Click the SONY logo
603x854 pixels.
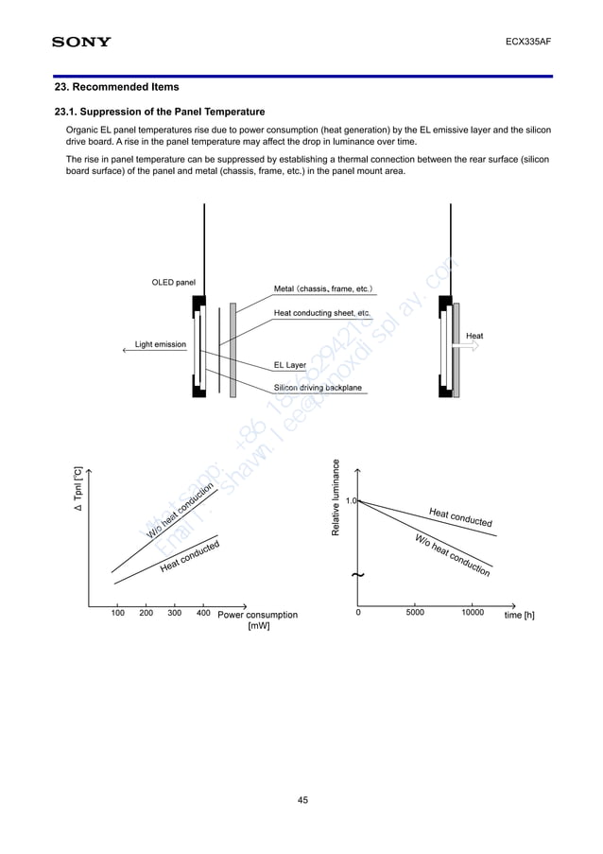pyautogui.click(x=80, y=42)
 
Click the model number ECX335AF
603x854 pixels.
pyautogui.click(x=529, y=43)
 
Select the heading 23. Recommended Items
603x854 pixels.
pyautogui.click(x=116, y=87)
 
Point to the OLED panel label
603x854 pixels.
pyautogui.click(x=173, y=282)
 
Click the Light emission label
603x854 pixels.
pyautogui.click(x=160, y=344)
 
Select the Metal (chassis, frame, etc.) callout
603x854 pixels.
pyautogui.click(x=323, y=288)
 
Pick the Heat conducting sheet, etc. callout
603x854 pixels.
pyautogui.click(x=321, y=312)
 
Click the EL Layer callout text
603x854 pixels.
pyautogui.click(x=289, y=364)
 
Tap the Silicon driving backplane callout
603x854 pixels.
pyautogui.click(x=317, y=388)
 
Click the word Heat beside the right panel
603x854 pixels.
pyautogui.click(x=474, y=336)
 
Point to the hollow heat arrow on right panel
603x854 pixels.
pyautogui.click(x=468, y=348)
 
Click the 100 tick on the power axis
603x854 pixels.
pyautogui.click(x=117, y=613)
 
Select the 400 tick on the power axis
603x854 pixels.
pyautogui.click(x=202, y=613)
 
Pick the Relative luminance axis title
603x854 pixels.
pyautogui.click(x=336, y=497)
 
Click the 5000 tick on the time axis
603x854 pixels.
pyautogui.click(x=415, y=613)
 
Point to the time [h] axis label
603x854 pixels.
pyautogui.click(x=519, y=615)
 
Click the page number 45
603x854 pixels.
pyautogui.click(x=302, y=801)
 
